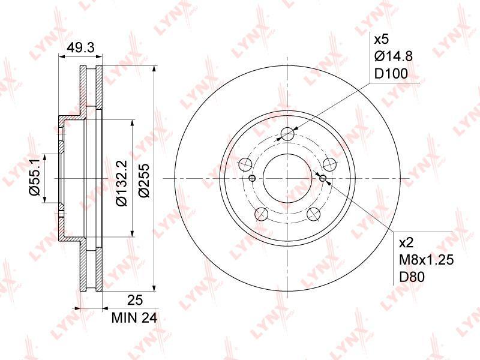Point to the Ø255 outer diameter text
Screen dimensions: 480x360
click(143, 181)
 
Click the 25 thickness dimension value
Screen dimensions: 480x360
click(135, 301)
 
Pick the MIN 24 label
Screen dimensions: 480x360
click(134, 319)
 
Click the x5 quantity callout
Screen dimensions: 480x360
click(382, 39)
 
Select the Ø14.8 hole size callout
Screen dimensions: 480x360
click(394, 56)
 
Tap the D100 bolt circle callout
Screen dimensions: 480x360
click(391, 74)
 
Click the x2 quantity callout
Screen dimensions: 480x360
click(407, 243)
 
